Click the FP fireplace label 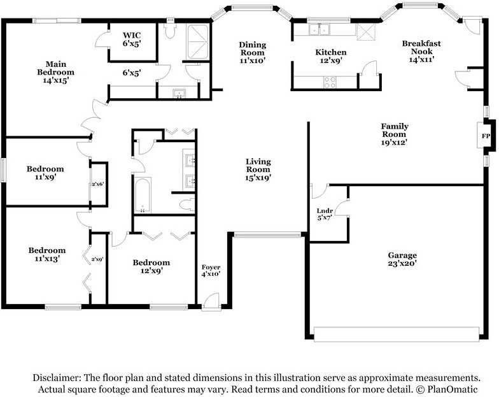(x=486, y=136)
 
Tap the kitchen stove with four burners (x=330, y=82)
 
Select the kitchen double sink (x=319, y=29)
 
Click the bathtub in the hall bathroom (x=143, y=195)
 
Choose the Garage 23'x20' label (x=402, y=259)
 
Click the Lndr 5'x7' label (x=325, y=214)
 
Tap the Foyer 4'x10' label (x=211, y=270)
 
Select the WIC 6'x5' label (x=132, y=40)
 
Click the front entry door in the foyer (x=211, y=301)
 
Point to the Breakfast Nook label (x=421, y=51)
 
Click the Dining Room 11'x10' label (x=252, y=52)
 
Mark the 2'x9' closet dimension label (x=97, y=259)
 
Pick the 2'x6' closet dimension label (x=97, y=184)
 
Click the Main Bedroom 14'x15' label (x=56, y=73)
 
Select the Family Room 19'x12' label (x=395, y=134)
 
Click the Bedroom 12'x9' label (x=151, y=266)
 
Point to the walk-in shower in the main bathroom (x=197, y=42)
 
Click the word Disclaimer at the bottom (x=57, y=378)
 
